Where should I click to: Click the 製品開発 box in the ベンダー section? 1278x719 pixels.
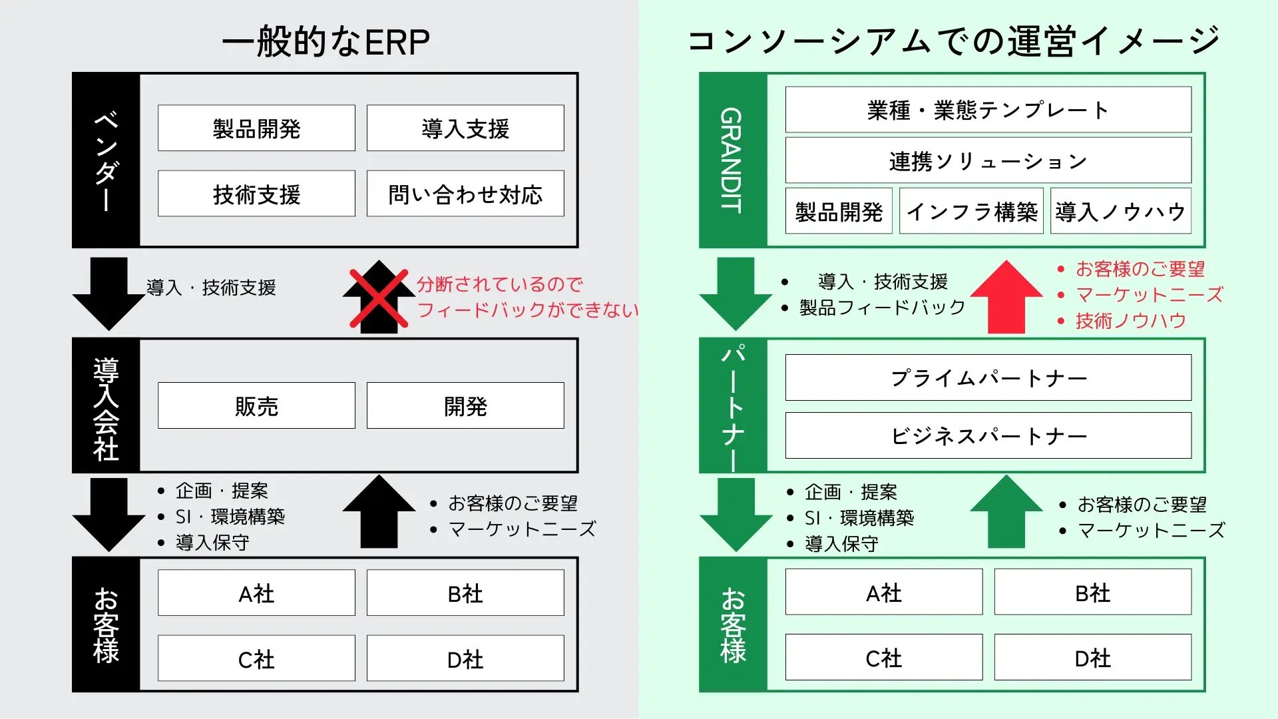click(x=256, y=128)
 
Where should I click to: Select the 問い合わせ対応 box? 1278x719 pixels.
click(x=465, y=194)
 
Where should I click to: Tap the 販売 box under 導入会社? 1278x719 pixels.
click(x=256, y=405)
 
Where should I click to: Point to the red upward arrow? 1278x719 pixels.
click(x=1006, y=297)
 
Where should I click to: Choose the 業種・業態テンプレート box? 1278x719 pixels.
click(x=988, y=110)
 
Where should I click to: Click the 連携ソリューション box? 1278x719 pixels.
click(x=988, y=160)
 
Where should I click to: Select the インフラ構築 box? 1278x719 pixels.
click(x=971, y=211)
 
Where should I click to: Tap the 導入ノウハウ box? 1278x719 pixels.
click(x=1121, y=211)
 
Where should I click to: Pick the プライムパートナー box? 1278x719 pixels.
click(x=988, y=377)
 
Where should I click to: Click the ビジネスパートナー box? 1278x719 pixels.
click(x=988, y=435)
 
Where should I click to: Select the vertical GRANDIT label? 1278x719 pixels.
click(x=732, y=160)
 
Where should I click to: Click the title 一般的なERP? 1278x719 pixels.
click(x=325, y=41)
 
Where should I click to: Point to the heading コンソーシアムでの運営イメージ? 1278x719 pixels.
click(x=953, y=41)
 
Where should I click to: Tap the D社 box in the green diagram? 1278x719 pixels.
click(x=1093, y=657)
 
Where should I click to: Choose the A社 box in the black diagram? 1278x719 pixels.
click(x=256, y=593)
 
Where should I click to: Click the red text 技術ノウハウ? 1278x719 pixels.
click(x=1131, y=321)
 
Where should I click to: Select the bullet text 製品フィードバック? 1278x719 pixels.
click(x=882, y=308)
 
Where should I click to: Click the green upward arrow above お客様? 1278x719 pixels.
click(x=1006, y=511)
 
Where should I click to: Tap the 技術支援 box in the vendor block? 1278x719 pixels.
click(x=256, y=194)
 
